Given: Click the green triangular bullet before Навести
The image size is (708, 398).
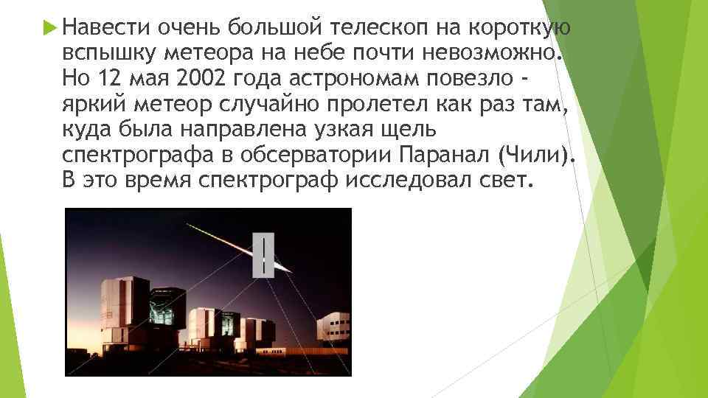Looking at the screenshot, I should point(49,29).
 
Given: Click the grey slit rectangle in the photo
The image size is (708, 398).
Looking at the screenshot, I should point(263,255).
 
